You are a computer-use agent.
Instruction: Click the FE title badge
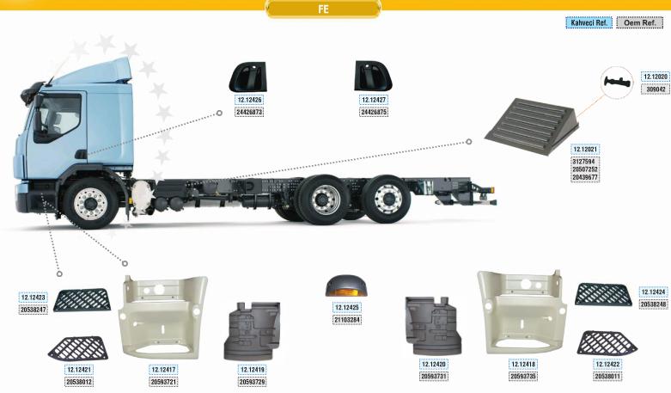tap(323, 9)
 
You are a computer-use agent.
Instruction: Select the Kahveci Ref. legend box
tap(589, 22)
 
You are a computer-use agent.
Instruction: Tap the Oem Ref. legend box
tap(640, 22)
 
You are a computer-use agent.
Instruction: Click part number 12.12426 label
tap(249, 100)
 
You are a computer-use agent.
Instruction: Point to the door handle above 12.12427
tap(373, 76)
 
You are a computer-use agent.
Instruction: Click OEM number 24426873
tap(249, 112)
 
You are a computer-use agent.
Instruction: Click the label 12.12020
tap(655, 77)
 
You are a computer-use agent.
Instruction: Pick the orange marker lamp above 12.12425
tap(346, 286)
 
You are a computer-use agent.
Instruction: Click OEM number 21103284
tap(347, 320)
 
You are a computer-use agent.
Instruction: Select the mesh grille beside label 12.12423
tap(82, 299)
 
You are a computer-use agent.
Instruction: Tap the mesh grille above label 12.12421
tap(78, 348)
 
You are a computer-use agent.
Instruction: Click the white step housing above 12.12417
tap(163, 317)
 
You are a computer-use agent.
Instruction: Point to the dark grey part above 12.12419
tap(253, 330)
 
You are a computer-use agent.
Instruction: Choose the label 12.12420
tap(434, 365)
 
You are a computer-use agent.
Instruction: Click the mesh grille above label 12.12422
tap(607, 342)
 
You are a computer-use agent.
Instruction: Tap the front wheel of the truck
tap(90, 204)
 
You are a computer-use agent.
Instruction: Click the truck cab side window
tap(58, 118)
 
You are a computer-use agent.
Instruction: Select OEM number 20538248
tap(654, 304)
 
